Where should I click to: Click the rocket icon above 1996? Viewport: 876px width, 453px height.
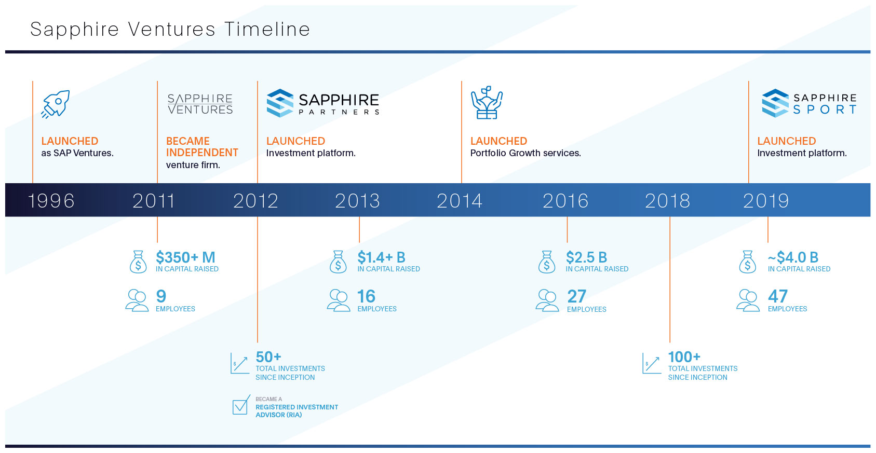click(56, 104)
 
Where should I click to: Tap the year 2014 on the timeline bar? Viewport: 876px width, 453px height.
click(459, 201)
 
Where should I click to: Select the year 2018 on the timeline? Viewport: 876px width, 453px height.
click(667, 201)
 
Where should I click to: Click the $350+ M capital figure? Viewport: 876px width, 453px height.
click(185, 257)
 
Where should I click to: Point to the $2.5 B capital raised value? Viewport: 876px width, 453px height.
click(586, 257)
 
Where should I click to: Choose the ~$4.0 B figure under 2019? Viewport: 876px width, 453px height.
click(793, 257)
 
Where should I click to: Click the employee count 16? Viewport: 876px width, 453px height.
click(366, 296)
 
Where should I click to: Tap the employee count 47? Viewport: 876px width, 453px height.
click(777, 296)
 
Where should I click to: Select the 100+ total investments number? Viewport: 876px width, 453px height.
click(684, 357)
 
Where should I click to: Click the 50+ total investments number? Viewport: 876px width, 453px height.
click(268, 357)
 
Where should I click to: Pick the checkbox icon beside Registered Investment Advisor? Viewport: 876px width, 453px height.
click(241, 406)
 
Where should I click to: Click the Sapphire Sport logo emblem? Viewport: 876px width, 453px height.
click(775, 103)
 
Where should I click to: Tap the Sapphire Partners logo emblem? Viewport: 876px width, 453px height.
click(280, 103)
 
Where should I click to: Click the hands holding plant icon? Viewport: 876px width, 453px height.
click(487, 103)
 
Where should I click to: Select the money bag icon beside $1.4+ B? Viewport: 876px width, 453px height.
click(338, 262)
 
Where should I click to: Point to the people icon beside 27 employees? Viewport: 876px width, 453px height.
click(547, 300)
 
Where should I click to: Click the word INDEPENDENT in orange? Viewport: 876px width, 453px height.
click(202, 153)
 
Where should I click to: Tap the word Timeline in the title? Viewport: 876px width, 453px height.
click(267, 29)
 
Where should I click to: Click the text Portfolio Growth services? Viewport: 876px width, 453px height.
click(525, 153)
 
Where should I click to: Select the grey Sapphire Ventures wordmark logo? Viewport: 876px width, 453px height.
click(200, 104)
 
